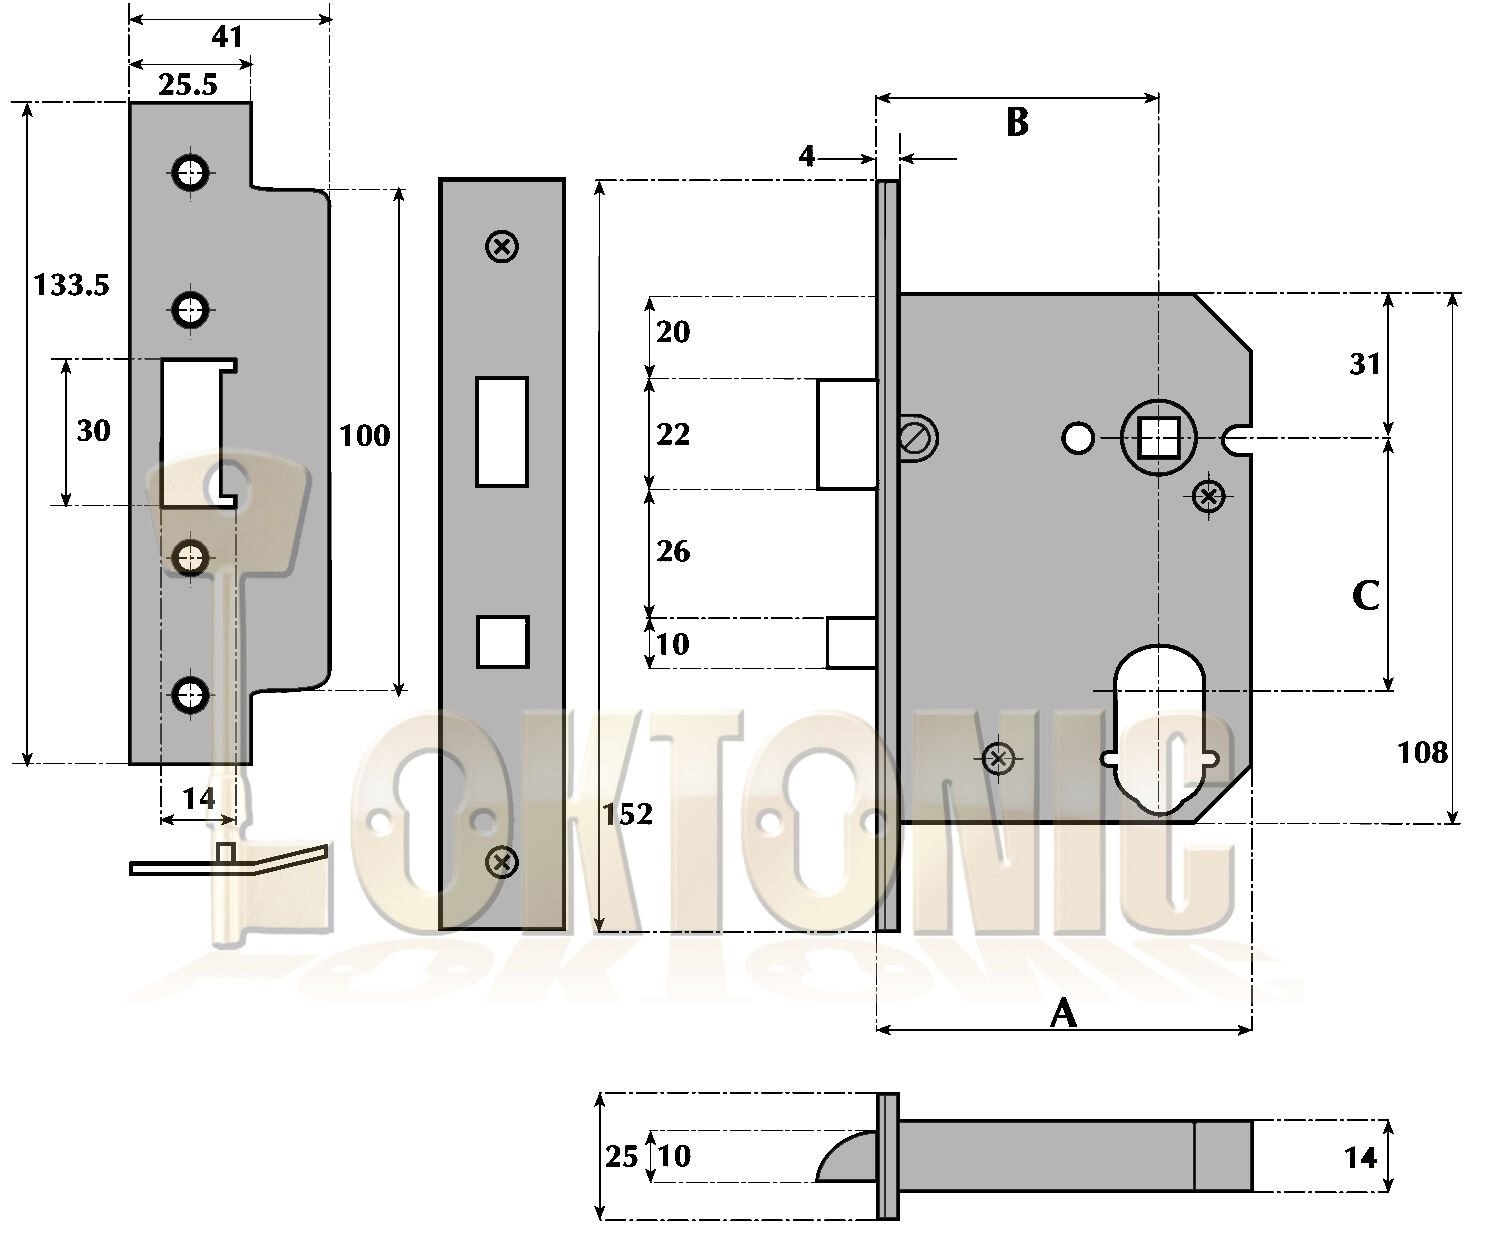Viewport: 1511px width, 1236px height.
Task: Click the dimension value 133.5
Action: pyautogui.click(x=71, y=286)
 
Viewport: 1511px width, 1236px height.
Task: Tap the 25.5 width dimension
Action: pyautogui.click(x=188, y=84)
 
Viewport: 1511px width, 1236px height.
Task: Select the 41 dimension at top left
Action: pyautogui.click(x=228, y=37)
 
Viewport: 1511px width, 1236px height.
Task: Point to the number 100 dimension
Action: pyautogui.click(x=365, y=435)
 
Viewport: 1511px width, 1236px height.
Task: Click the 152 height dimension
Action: pyautogui.click(x=628, y=814)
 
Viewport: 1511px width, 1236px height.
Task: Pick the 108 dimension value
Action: pyautogui.click(x=1422, y=752)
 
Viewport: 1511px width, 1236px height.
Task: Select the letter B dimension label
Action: pyautogui.click(x=1016, y=122)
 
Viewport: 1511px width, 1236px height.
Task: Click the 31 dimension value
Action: pyautogui.click(x=1365, y=364)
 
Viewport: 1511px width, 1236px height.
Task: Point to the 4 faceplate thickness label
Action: pyautogui.click(x=807, y=156)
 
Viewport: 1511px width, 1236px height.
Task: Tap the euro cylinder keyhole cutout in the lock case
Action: pyautogui.click(x=1160, y=730)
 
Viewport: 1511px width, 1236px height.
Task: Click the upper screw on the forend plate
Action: pyautogui.click(x=502, y=246)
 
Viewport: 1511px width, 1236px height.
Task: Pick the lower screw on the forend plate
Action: pyautogui.click(x=502, y=860)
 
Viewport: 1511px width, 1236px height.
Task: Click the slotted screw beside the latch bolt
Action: pyautogui.click(x=917, y=437)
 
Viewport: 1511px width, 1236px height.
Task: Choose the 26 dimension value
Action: pyautogui.click(x=673, y=551)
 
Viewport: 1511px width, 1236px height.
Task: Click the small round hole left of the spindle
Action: pyautogui.click(x=1078, y=438)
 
